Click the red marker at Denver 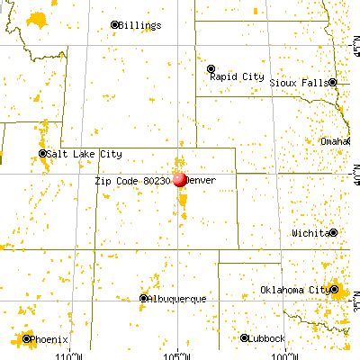pyautogui.click(x=179, y=178)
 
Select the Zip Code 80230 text pyautogui.click(x=131, y=180)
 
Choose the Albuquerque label pyautogui.click(x=178, y=298)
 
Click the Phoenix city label pyautogui.click(x=47, y=339)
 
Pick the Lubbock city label pyautogui.click(x=268, y=338)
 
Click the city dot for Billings pyautogui.click(x=114, y=25)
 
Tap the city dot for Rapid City pyautogui.click(x=211, y=68)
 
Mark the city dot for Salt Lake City pyautogui.click(x=43, y=154)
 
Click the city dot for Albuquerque pyautogui.click(x=145, y=298)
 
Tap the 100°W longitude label pyautogui.click(x=289, y=354)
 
